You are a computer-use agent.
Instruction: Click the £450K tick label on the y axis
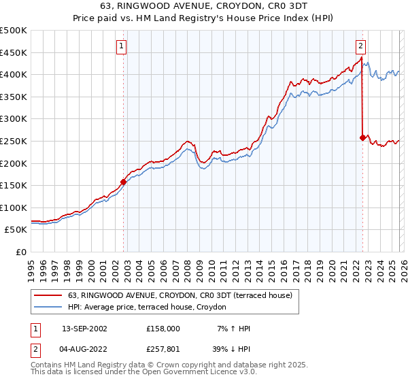pos(14,52)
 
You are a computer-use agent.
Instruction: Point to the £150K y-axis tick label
pos(14,185)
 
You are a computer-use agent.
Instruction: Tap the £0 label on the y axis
pos(20,252)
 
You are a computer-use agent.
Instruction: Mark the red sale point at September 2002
pos(123,182)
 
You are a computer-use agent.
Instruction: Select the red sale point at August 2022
pos(362,137)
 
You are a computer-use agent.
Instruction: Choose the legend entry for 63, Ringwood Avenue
pos(180,295)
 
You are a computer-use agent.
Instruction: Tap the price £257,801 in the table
pos(163,350)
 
